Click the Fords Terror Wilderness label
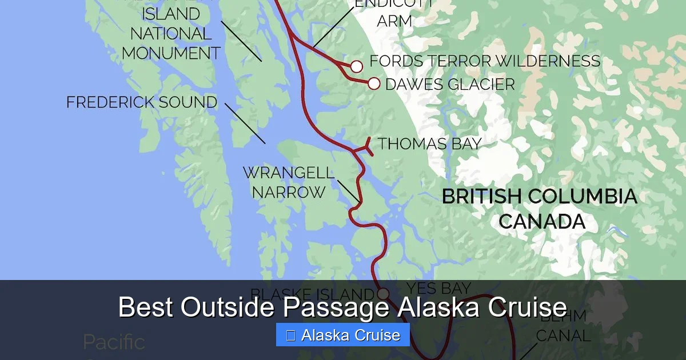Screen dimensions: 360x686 pyautogui.click(x=485, y=61)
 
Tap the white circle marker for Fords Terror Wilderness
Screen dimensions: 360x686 pyautogui.click(x=357, y=67)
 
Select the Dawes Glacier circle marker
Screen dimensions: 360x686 pyautogui.click(x=374, y=84)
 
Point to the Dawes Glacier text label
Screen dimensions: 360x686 pyautogui.click(x=450, y=85)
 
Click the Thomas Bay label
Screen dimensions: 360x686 pyautogui.click(x=429, y=143)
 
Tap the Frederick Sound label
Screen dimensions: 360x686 pyautogui.click(x=142, y=103)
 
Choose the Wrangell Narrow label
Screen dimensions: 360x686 pyautogui.click(x=288, y=182)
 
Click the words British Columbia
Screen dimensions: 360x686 pyautogui.click(x=539, y=197)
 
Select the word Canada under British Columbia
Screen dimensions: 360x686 pyautogui.click(x=542, y=222)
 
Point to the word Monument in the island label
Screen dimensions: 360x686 pyautogui.click(x=171, y=53)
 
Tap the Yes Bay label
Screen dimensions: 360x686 pyautogui.click(x=438, y=288)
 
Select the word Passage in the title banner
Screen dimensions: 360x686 pyautogui.click(x=337, y=307)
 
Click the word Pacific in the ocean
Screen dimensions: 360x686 pyautogui.click(x=114, y=342)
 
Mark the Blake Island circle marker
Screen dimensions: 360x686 pyautogui.click(x=383, y=294)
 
